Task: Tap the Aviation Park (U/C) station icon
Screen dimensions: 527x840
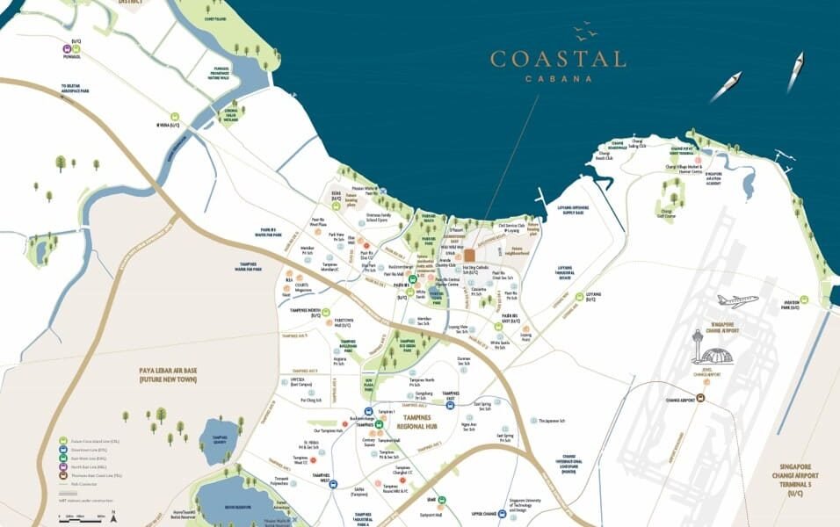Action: [x=826, y=299]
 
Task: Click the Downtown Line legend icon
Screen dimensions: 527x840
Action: [x=63, y=450]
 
